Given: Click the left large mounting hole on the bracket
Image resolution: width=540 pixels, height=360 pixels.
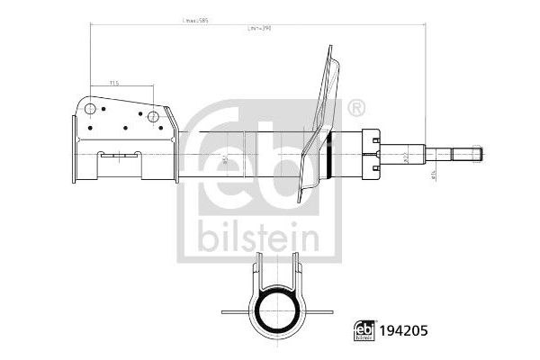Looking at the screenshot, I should (x=90, y=110).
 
